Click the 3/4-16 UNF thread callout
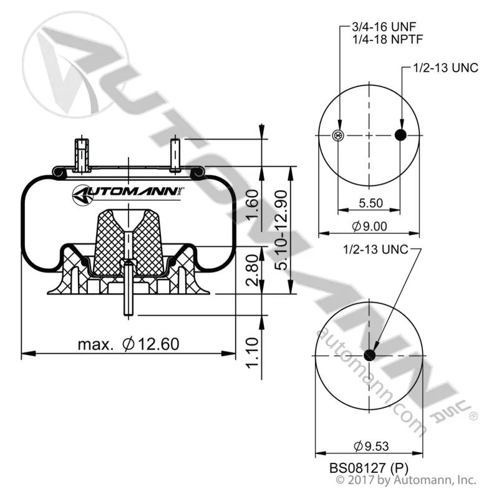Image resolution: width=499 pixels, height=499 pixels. (384, 27)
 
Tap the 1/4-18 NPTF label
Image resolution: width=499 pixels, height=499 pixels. (387, 39)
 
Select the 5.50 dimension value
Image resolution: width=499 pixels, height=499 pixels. (371, 203)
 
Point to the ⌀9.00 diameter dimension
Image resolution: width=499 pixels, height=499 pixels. (369, 226)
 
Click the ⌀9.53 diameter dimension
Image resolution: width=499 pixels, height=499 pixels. (371, 446)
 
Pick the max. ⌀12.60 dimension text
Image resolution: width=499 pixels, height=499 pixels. (128, 344)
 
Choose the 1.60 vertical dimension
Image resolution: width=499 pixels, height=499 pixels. (253, 205)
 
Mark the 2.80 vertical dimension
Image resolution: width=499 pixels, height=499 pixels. (253, 270)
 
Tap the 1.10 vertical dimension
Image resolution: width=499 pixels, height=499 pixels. (253, 353)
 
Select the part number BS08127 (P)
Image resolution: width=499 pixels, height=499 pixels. (369, 468)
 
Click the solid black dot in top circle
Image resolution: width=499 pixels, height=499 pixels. (400, 135)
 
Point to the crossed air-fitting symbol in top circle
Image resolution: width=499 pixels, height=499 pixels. (337, 135)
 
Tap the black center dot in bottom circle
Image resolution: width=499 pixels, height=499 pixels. (369, 355)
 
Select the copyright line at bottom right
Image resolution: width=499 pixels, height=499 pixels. (406, 480)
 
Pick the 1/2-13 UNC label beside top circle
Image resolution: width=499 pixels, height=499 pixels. (445, 68)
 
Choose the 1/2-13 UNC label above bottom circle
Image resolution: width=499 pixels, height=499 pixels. (375, 249)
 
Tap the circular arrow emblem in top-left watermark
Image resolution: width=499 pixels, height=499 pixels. (75, 65)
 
